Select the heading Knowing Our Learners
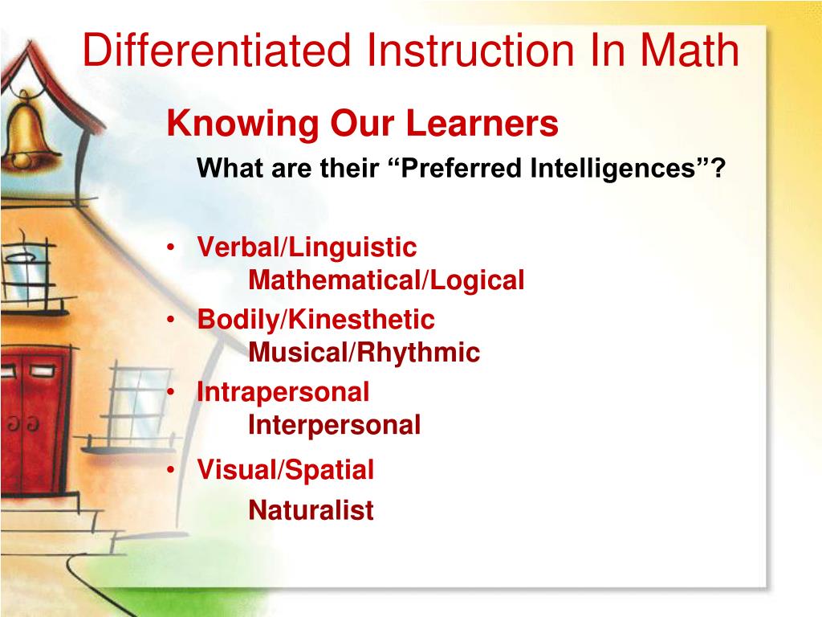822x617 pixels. [362, 124]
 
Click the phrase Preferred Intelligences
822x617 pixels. [552, 169]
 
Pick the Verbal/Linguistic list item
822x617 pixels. [307, 247]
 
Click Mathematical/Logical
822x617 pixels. [386, 280]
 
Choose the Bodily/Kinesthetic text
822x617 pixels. [316, 320]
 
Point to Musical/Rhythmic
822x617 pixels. [364, 352]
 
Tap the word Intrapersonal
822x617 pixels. [283, 392]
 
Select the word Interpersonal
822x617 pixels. [334, 424]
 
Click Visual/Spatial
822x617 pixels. [286, 470]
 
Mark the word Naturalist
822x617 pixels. [311, 510]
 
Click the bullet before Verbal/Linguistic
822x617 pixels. [173, 248]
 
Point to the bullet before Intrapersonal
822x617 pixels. [173, 393]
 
